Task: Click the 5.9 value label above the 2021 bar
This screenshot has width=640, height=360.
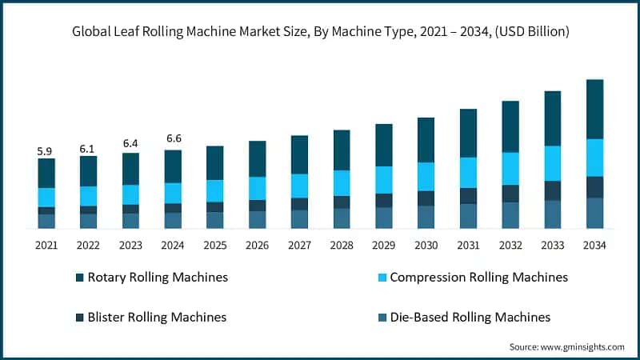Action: [x=46, y=150]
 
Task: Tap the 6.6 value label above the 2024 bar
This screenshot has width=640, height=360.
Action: [x=173, y=139]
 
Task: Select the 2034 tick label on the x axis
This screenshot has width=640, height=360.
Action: [x=595, y=245]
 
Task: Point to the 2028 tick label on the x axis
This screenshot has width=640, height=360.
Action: [x=342, y=245]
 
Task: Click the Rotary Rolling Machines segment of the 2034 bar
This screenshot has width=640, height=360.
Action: [x=595, y=110]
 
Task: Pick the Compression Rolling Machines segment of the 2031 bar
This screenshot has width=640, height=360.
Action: [x=468, y=173]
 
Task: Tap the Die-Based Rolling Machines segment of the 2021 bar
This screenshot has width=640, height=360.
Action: [x=46, y=222]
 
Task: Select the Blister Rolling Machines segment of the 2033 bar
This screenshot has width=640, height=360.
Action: [x=553, y=190]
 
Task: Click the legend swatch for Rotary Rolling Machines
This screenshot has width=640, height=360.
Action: [x=79, y=278]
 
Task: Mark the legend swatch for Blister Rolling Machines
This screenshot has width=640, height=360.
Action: [x=79, y=318]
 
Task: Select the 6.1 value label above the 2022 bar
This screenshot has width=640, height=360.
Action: [x=88, y=149]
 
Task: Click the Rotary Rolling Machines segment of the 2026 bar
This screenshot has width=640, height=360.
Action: [x=257, y=159]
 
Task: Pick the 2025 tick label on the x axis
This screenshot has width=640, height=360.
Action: [x=214, y=245]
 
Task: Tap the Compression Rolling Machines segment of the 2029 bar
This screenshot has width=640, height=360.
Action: [x=384, y=180]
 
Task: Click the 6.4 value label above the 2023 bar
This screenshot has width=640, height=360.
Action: [x=130, y=144]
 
